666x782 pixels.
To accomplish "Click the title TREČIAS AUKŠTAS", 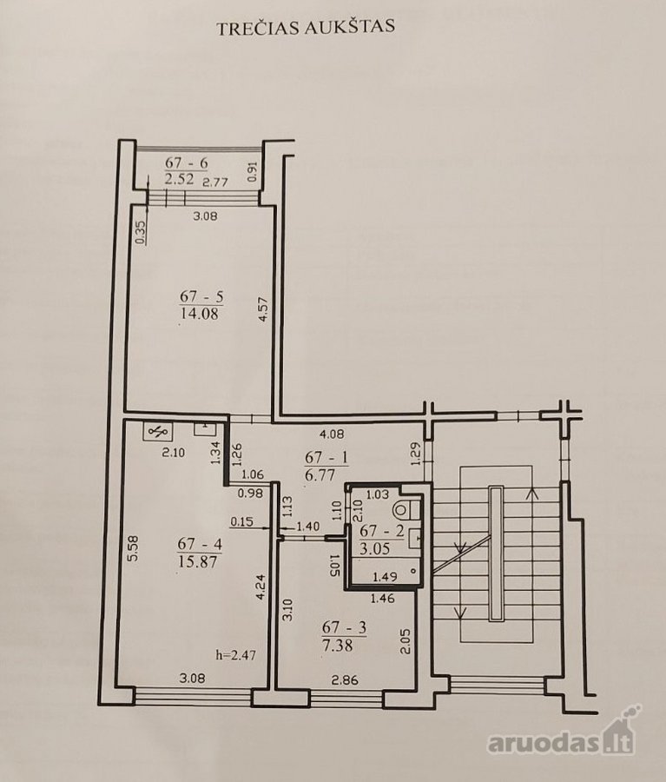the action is [306, 28].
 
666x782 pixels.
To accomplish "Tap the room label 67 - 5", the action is [201, 297].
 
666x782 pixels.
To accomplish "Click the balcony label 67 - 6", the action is [187, 163].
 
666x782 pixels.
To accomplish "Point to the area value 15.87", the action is [197, 561].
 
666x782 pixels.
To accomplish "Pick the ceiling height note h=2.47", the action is [236, 654].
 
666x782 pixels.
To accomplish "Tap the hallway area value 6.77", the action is [320, 474].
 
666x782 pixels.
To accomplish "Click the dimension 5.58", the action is [133, 548].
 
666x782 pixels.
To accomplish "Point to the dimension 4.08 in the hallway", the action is [332, 434].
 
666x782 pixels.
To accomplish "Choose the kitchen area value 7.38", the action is [337, 646].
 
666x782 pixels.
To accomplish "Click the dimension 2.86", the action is [345, 680].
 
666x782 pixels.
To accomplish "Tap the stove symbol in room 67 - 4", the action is [158, 432].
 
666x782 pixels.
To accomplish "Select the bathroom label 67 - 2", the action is [382, 531].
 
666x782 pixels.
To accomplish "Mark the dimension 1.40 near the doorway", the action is [308, 527].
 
